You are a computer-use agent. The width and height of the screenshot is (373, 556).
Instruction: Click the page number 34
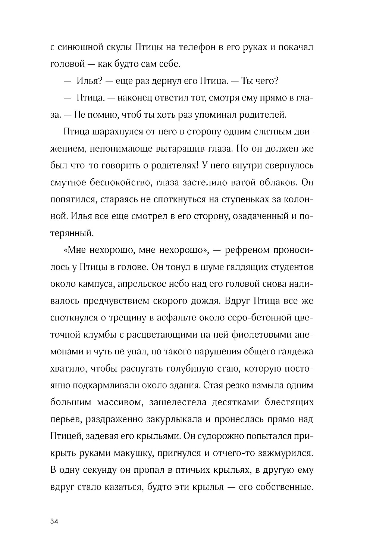pyautogui.click(x=54, y=522)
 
